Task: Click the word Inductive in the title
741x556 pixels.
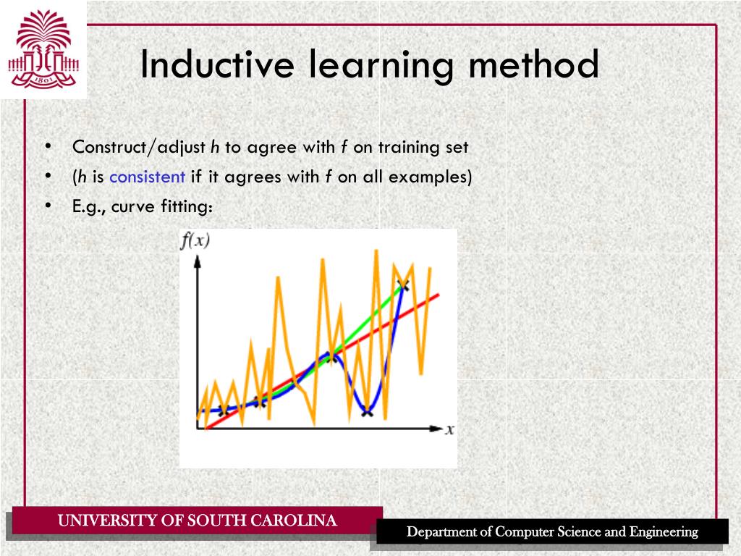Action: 216,65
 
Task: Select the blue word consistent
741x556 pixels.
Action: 148,177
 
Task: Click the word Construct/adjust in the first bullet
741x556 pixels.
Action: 139,148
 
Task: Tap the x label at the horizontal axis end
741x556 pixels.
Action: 449,429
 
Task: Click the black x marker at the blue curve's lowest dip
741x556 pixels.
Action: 367,413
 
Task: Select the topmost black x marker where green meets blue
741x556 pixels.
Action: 403,285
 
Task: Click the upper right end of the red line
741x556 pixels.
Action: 437,295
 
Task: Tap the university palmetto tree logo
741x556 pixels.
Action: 43,49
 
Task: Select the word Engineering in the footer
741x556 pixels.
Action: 664,532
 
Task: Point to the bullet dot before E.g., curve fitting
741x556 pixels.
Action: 48,206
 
